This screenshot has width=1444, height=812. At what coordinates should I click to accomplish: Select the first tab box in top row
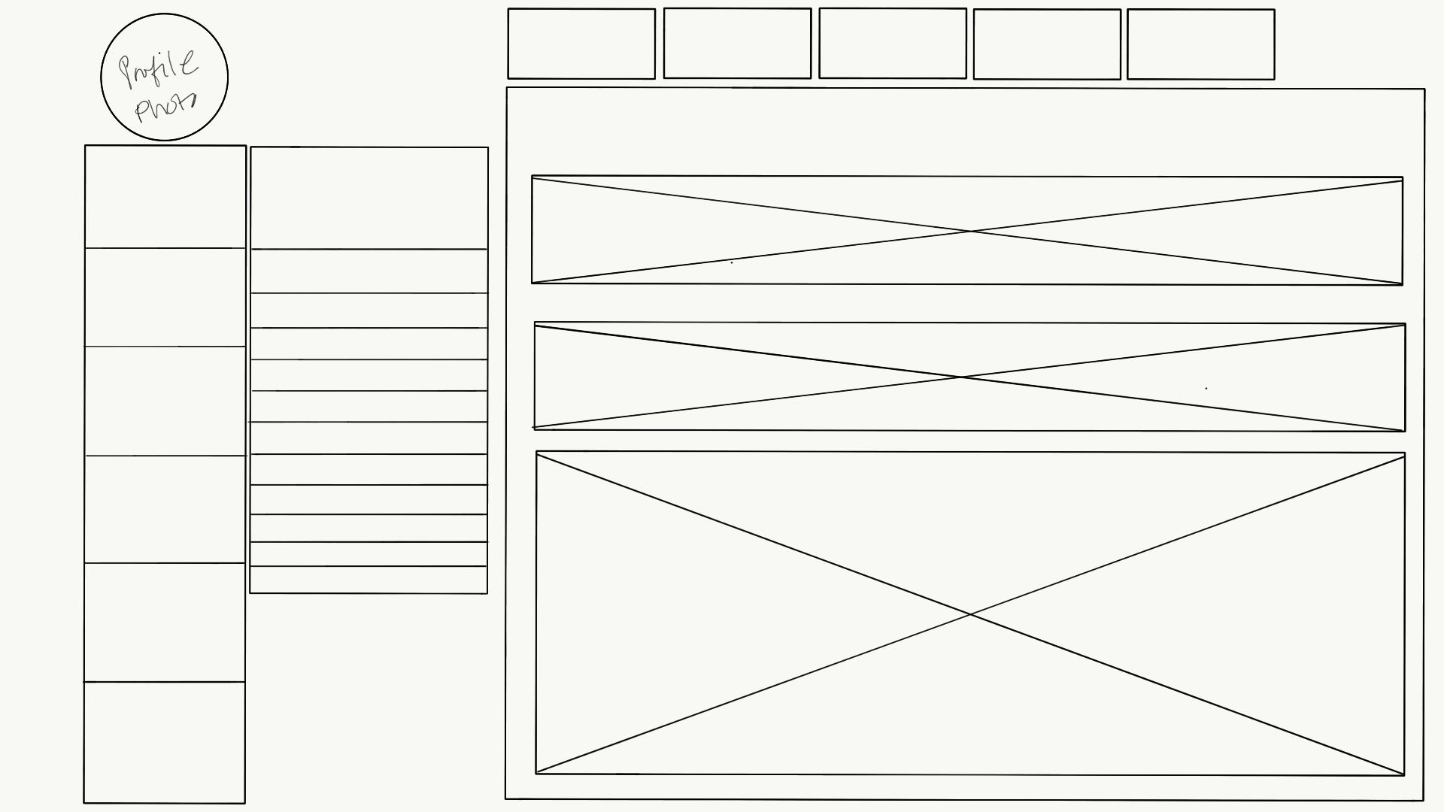(x=581, y=44)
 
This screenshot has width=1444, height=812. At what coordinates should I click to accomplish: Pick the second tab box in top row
(x=737, y=44)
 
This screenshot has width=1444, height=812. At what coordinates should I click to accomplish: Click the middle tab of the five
(x=893, y=44)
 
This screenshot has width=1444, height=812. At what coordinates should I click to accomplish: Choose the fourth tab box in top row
(x=1047, y=44)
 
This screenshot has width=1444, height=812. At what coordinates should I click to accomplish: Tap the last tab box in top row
(x=1201, y=44)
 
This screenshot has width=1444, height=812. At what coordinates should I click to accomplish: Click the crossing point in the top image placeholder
(x=970, y=231)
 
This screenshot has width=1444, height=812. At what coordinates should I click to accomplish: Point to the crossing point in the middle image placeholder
(x=963, y=377)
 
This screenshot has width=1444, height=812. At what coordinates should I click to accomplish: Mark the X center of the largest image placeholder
(x=970, y=615)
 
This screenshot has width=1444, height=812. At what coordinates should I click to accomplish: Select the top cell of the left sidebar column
(x=165, y=196)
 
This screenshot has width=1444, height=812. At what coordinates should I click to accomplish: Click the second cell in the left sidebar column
(x=165, y=297)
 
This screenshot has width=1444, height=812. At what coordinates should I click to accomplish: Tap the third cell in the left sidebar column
(x=165, y=401)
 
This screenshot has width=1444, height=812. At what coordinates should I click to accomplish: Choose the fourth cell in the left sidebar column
(x=165, y=509)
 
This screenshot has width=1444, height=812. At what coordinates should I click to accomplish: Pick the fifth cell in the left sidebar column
(x=165, y=622)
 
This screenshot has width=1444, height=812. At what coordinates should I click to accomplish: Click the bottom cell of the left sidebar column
(x=165, y=742)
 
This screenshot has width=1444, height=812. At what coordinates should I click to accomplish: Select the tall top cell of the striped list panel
(x=369, y=198)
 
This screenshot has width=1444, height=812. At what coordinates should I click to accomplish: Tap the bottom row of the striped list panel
(x=369, y=580)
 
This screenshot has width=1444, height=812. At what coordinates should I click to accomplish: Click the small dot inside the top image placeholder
(x=732, y=262)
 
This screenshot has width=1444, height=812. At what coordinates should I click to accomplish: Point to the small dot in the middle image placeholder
(x=1206, y=389)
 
